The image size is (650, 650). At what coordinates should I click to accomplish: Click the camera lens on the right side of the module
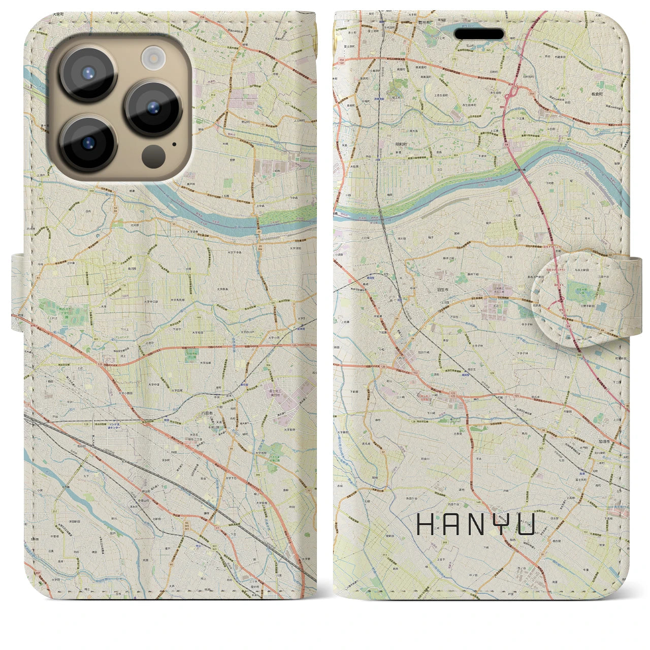coord(152,108)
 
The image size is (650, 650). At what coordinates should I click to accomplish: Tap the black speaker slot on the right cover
coord(479,34)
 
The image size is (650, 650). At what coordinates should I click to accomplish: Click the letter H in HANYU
coord(424,524)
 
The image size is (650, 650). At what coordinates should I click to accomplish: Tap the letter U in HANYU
coord(527,524)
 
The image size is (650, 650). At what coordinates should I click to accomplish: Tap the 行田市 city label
coord(205,413)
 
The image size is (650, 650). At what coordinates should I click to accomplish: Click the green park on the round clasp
coord(577,289)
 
